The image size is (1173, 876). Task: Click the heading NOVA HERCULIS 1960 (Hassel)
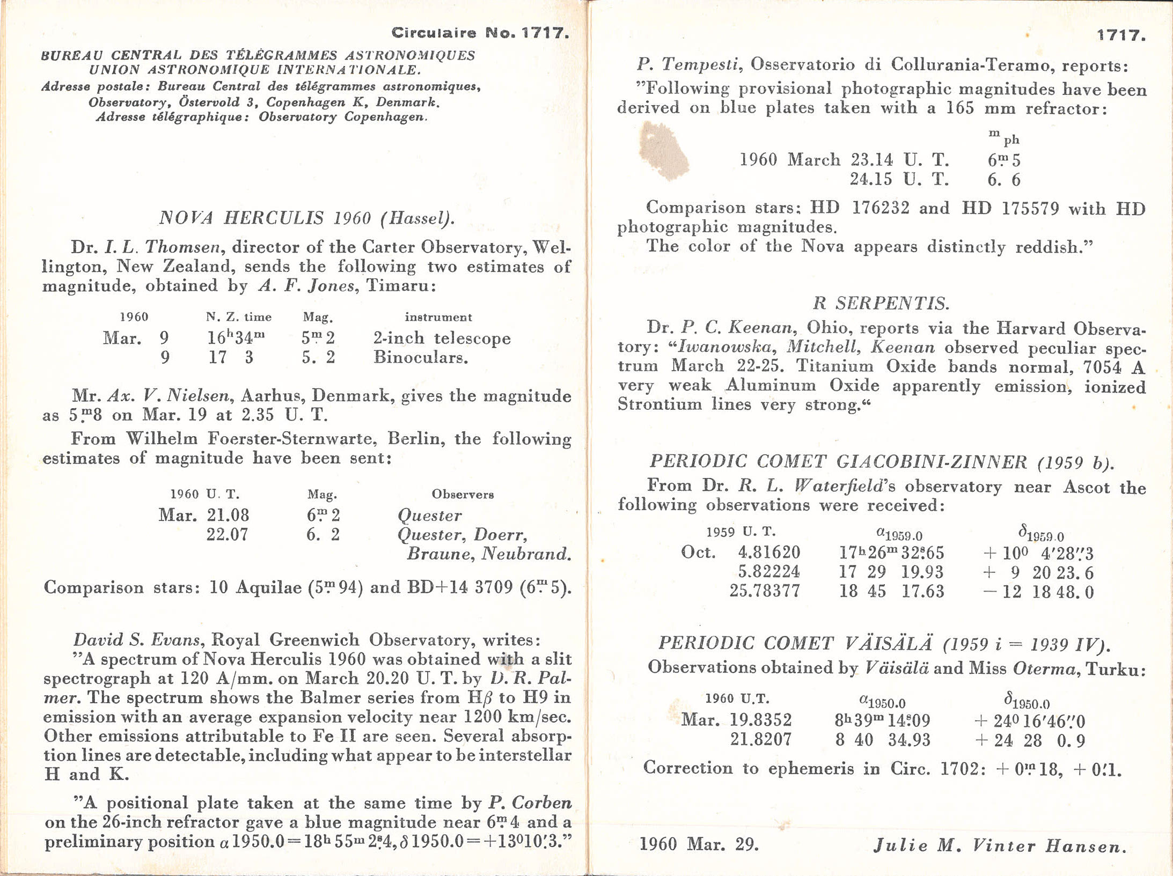(x=306, y=218)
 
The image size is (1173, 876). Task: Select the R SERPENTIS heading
(x=881, y=304)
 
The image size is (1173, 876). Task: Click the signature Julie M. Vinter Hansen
(x=999, y=846)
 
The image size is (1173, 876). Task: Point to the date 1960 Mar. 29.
(x=699, y=845)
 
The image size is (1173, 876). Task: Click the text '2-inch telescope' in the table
(x=442, y=338)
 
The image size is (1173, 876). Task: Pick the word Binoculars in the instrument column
(x=421, y=358)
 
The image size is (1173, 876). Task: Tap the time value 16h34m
(x=236, y=338)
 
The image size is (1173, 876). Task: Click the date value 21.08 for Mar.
(x=228, y=516)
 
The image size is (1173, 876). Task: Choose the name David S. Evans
(x=136, y=639)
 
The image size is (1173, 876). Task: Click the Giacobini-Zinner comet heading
(x=881, y=462)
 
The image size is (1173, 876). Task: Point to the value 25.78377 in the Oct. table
(x=765, y=591)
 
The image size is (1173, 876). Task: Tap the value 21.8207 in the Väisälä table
(x=760, y=740)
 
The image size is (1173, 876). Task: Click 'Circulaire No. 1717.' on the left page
(x=480, y=33)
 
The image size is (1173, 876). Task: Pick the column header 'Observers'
(x=463, y=494)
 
